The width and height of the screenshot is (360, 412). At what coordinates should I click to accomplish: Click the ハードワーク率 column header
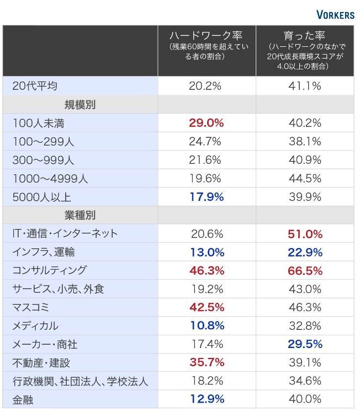[205, 36]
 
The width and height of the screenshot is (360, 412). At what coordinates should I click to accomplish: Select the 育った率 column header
[304, 36]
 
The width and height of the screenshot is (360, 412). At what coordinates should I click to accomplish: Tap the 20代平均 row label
[35, 86]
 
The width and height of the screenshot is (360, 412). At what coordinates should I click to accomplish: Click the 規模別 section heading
[80, 104]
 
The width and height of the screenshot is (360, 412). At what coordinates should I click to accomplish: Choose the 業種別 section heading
[80, 215]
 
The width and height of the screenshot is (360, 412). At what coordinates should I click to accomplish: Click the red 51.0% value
[305, 234]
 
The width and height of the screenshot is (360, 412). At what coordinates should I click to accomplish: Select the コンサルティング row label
[50, 270]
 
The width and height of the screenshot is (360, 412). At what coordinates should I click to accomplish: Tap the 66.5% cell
[305, 270]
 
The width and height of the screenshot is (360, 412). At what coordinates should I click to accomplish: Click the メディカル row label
[35, 326]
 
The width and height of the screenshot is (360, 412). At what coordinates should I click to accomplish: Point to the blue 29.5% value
[305, 344]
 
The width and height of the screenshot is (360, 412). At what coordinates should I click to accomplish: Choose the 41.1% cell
[305, 86]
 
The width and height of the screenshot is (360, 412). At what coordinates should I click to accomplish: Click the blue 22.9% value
[305, 252]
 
